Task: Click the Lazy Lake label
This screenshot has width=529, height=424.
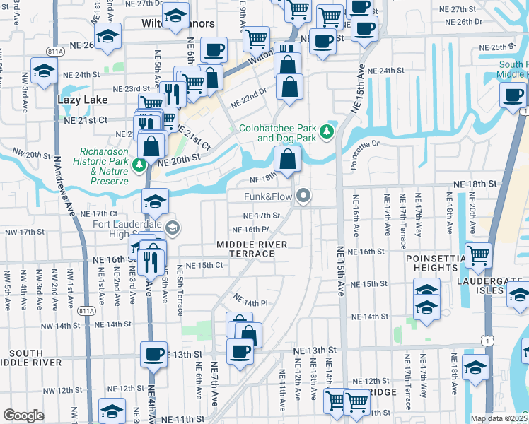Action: (x=82, y=100)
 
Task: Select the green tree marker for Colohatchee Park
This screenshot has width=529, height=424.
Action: (x=326, y=131)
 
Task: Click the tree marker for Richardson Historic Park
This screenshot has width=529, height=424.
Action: (x=140, y=165)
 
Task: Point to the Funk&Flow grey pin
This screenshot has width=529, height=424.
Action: (x=304, y=196)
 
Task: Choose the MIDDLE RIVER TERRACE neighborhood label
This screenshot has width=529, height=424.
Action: (x=252, y=249)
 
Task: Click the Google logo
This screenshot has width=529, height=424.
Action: (x=23, y=416)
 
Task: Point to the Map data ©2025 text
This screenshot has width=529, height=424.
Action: (x=499, y=418)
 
